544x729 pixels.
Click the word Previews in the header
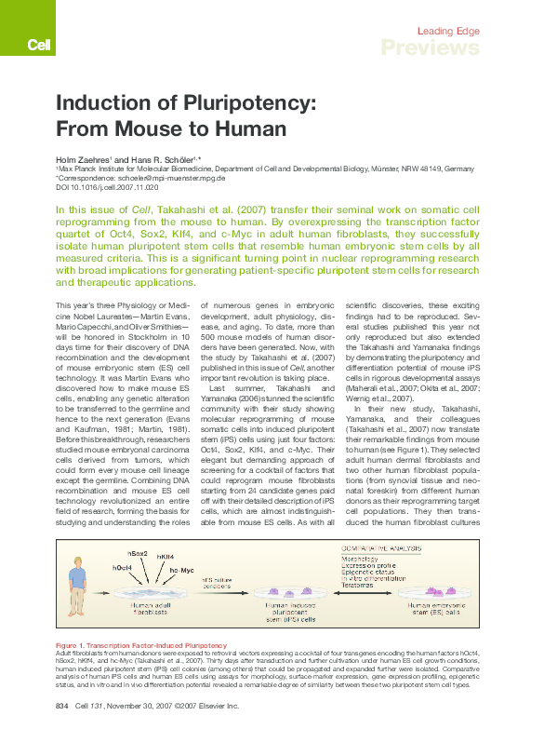tap(429, 47)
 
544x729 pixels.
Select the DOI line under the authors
tap(103, 185)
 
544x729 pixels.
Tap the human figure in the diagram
tap(79, 577)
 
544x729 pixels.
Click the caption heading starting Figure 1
tap(140, 644)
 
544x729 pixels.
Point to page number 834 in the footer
tap(62, 707)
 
